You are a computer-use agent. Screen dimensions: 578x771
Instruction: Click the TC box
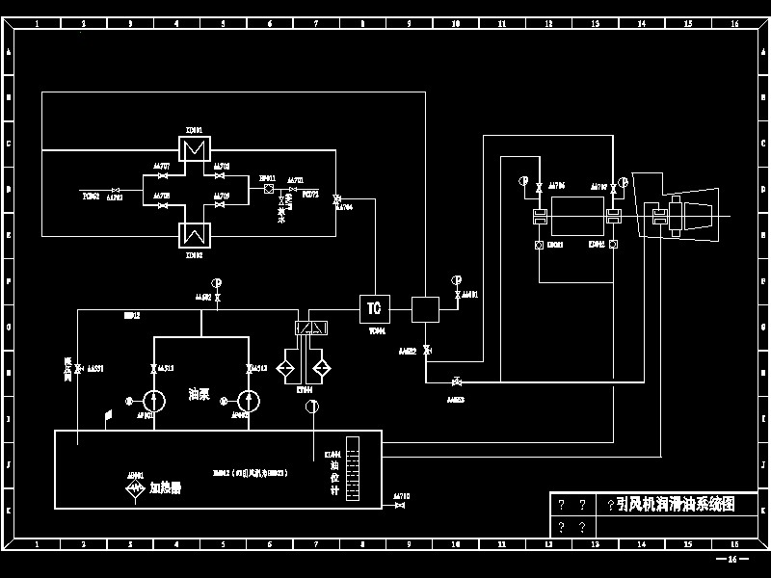(x=373, y=308)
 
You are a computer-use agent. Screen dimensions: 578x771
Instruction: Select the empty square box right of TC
(x=425, y=309)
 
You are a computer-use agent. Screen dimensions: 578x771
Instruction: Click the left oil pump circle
(x=155, y=400)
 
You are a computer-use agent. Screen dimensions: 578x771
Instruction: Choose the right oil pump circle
(x=249, y=400)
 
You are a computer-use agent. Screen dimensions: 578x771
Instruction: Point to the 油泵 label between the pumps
(x=199, y=394)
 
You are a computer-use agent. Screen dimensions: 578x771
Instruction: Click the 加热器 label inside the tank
(x=165, y=487)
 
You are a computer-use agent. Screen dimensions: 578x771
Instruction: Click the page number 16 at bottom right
(x=731, y=559)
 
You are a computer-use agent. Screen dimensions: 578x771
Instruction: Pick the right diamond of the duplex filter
(x=321, y=369)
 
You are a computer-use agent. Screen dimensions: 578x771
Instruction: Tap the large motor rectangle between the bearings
(x=577, y=215)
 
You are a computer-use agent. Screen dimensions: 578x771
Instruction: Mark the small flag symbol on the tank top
(x=109, y=416)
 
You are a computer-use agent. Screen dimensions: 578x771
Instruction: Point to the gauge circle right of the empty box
(x=456, y=280)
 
